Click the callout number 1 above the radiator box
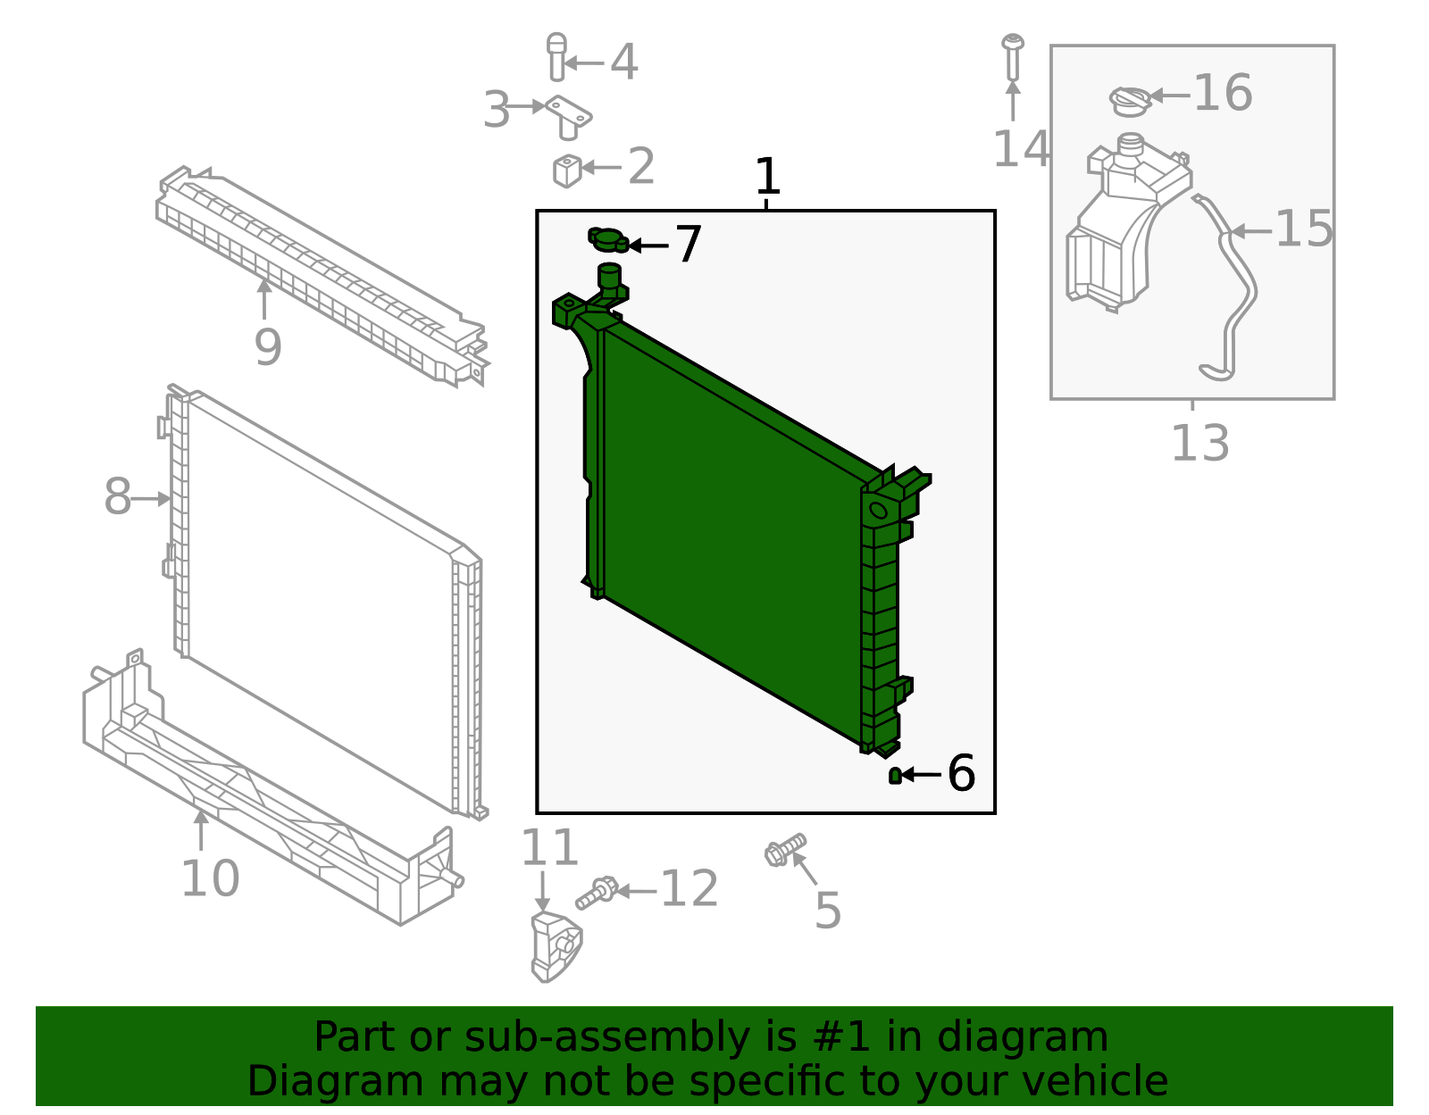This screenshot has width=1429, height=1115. pos(767,177)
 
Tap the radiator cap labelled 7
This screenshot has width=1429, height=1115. pos(607,239)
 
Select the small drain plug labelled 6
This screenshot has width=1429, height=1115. pos(895,776)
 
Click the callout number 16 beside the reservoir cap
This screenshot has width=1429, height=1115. pos(1223,93)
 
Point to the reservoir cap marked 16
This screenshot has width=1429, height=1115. pos(1131,101)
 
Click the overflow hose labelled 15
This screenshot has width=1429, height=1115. pos(1237,286)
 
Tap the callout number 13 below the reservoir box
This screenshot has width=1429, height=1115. pos(1199,444)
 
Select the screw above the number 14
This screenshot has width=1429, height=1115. pos(1013,56)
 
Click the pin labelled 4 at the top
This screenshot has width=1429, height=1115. pos(556,57)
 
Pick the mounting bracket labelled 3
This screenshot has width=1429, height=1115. pos(568,117)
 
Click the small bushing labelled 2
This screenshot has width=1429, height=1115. pos(566,170)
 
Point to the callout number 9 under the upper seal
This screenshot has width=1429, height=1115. pos(267,347)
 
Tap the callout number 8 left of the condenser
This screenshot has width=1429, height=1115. pos(117,497)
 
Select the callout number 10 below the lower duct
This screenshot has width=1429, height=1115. pos(210,878)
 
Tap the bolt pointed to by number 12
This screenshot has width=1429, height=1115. pos(596,892)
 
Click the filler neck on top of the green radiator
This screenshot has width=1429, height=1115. pos(609,276)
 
